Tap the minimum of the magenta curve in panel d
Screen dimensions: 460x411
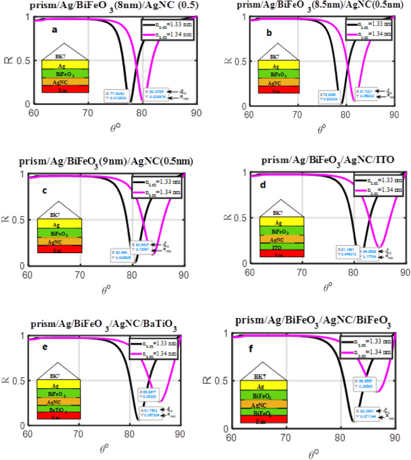(378, 247)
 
